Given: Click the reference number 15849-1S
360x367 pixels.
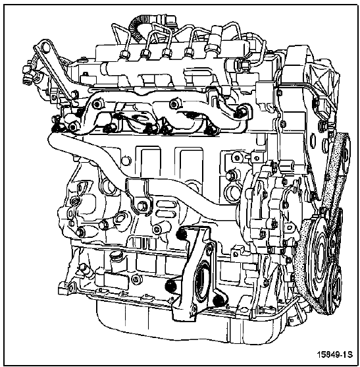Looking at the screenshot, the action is (x=334, y=354).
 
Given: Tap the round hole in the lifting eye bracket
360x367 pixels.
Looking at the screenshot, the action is (x=46, y=47).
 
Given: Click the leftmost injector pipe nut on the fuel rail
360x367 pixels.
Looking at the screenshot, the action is (x=124, y=55).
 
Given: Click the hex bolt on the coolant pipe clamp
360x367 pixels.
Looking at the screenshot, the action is (x=142, y=206).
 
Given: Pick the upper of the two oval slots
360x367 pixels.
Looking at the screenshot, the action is (x=166, y=204).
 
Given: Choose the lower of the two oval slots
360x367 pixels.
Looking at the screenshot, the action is (x=166, y=213).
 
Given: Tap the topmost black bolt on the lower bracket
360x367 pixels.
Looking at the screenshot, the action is (x=182, y=234).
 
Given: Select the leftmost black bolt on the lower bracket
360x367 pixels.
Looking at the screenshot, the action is (x=170, y=286).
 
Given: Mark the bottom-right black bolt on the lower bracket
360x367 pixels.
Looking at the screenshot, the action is (x=219, y=300).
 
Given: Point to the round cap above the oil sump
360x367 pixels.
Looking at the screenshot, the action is (x=115, y=256).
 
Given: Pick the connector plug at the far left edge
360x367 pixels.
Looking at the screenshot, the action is (x=28, y=75).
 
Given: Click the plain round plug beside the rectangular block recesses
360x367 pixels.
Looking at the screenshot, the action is (x=126, y=161).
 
